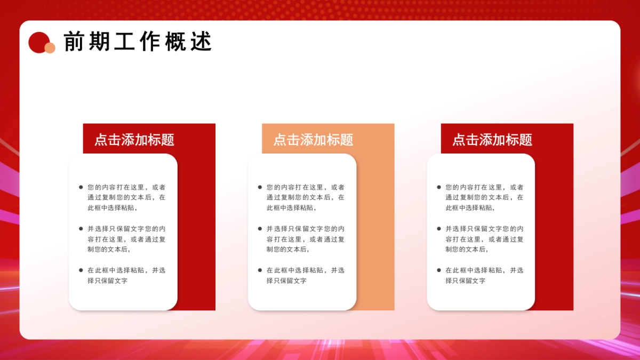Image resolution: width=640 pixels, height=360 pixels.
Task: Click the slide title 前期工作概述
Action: point(138,42)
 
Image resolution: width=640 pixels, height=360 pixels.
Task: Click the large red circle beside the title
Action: point(39,42)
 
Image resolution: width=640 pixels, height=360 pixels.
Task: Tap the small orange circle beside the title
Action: point(50,48)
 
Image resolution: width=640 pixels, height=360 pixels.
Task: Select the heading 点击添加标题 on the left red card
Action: point(134,140)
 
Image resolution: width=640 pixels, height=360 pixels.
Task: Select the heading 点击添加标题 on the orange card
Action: point(313,140)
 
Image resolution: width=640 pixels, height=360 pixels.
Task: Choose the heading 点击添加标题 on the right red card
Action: point(492,140)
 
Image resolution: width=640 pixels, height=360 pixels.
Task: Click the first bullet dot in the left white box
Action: point(81,187)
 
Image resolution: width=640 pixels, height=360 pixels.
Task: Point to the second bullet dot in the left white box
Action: point(81,229)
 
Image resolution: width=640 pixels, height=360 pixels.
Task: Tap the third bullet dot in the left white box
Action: point(81,270)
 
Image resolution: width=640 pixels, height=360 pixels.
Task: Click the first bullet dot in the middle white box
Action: point(260,187)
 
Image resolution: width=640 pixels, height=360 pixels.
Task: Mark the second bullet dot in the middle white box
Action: point(260,229)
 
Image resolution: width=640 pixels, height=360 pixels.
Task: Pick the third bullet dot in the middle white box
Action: point(260,270)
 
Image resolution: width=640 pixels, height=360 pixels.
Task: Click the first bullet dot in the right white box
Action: point(439,187)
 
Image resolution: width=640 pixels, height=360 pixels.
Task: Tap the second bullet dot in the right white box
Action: point(439,229)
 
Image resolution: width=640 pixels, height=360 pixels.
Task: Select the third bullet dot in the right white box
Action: point(439,270)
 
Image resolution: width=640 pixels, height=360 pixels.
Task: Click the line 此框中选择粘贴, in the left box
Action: point(113,208)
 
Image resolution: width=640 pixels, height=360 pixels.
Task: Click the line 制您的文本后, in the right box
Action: point(467,249)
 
